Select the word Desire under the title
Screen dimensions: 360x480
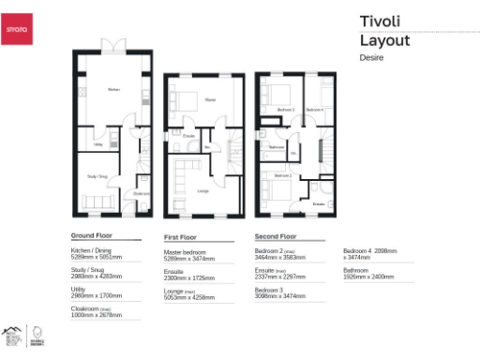point(373,57)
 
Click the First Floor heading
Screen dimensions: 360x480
point(184,238)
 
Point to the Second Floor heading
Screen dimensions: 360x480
point(276,236)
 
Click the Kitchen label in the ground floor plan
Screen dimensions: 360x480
point(113,90)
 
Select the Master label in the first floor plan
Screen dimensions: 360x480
point(210,99)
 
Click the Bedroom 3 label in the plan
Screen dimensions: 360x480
point(286,110)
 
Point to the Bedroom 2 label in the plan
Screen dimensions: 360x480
point(282,175)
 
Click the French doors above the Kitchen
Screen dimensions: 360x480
point(112,44)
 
